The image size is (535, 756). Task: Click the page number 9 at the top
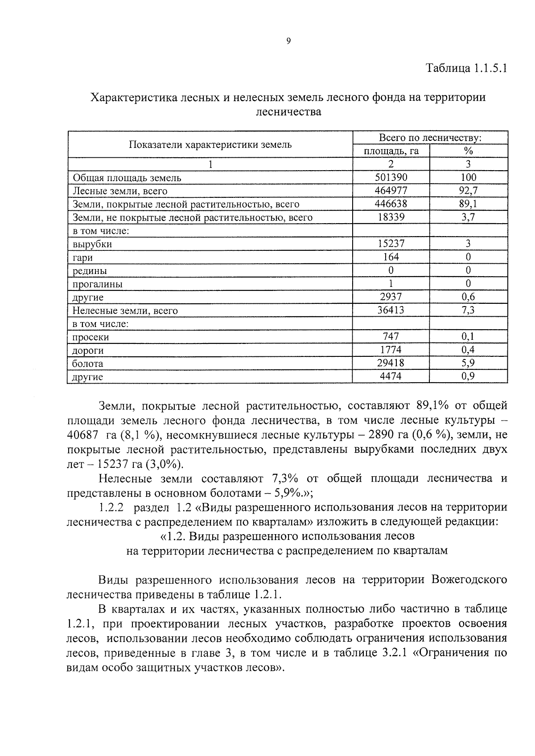(288, 41)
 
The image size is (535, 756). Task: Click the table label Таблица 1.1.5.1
(466, 69)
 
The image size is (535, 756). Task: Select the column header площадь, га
(391, 151)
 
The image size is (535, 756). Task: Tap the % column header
(468, 151)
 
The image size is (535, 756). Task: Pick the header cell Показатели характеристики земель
(210, 144)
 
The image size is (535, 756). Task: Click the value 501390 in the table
(391, 177)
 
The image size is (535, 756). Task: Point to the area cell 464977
(391, 191)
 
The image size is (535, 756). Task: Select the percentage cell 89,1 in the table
(468, 204)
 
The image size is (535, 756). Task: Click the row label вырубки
(92, 244)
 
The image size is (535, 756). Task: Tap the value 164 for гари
(391, 257)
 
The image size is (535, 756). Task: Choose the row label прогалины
(98, 284)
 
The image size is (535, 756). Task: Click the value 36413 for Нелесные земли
(391, 310)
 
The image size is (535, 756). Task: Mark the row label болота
(88, 364)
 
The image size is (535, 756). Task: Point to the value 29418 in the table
(391, 363)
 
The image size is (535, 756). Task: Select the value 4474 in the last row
(391, 376)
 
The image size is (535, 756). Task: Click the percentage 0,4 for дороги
(468, 350)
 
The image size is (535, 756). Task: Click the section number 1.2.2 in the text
(110, 507)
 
